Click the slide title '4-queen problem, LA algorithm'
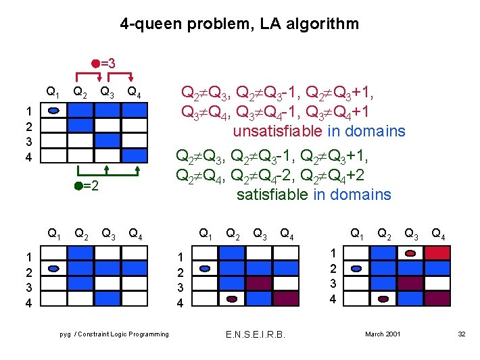239,24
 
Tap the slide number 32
462,334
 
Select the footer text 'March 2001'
383,334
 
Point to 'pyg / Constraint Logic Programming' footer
114,334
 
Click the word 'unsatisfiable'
277,131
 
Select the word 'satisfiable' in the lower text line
272,195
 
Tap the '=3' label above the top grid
107,64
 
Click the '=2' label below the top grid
91,186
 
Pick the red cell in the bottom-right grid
437,253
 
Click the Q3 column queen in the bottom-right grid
410,254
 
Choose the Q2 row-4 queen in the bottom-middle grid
232,299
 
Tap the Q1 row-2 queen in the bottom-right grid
358,268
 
